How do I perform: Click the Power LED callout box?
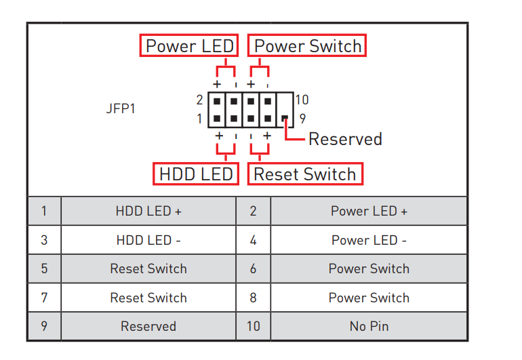(190, 46)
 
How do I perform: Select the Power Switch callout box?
(307, 46)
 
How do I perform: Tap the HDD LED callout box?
(196, 174)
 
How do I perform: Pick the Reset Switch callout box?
(304, 174)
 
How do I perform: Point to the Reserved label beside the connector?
(345, 139)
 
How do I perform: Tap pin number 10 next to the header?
(302, 100)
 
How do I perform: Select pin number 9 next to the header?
(302, 117)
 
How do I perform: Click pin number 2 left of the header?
(199, 100)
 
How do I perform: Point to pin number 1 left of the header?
(199, 118)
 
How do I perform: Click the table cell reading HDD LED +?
(148, 211)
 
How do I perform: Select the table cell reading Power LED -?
(369, 240)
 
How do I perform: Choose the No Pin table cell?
(369, 326)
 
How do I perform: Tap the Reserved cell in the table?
(148, 326)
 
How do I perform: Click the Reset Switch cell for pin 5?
(148, 268)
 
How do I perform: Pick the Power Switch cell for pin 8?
(369, 298)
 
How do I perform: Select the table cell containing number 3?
(44, 240)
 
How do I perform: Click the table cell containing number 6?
(253, 268)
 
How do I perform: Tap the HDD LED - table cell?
(148, 240)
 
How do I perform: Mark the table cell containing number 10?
(253, 326)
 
